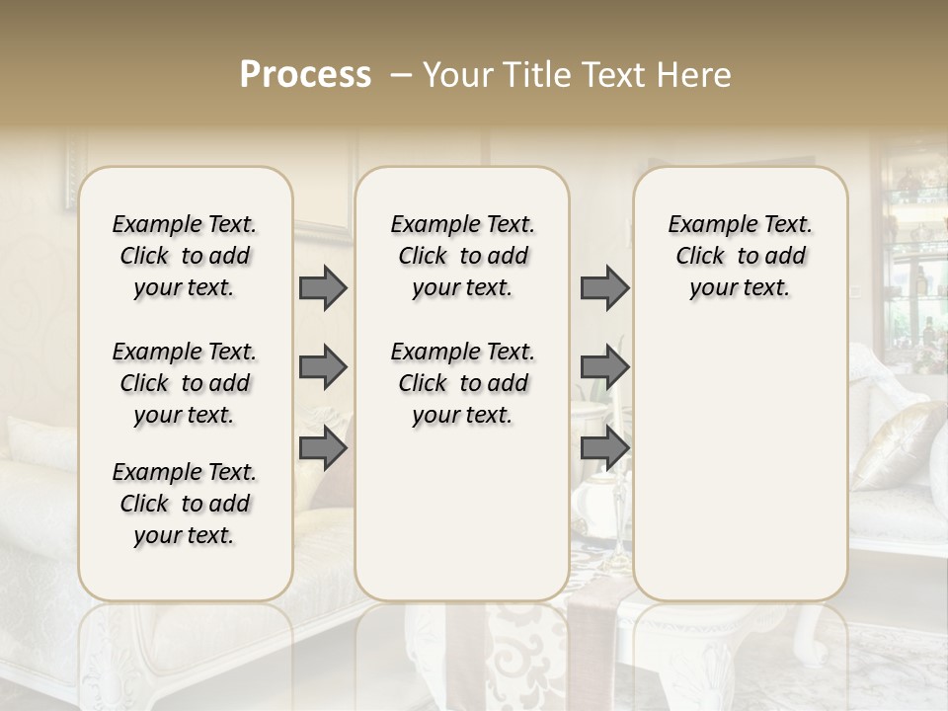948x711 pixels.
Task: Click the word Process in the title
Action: [305, 75]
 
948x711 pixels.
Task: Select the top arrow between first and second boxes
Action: [323, 288]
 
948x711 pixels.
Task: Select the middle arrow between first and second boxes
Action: [323, 367]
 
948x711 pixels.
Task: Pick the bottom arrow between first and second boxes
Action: [323, 448]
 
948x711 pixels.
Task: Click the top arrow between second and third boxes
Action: [604, 288]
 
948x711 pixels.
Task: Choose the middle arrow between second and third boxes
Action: [604, 367]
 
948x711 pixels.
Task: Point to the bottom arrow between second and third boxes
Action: [604, 448]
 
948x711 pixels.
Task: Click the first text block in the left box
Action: [185, 256]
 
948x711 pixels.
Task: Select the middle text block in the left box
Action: [185, 383]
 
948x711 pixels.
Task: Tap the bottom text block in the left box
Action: [185, 504]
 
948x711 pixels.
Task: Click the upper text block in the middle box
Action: [462, 256]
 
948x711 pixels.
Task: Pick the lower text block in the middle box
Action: [462, 383]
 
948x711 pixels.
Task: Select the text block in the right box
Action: [740, 256]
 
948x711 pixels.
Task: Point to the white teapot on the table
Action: [592, 500]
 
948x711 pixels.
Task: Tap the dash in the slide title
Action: [401, 76]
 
